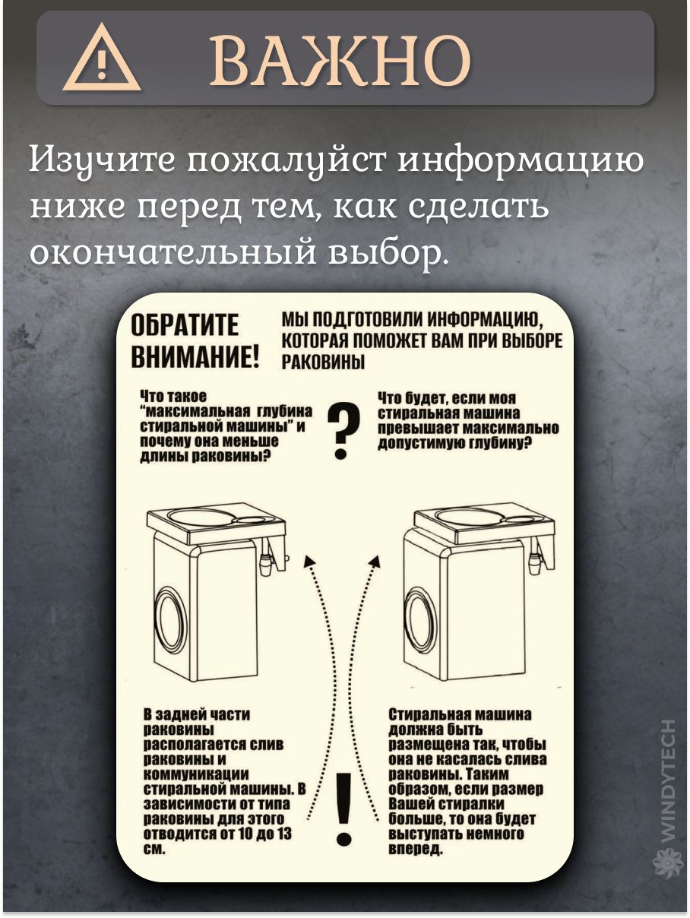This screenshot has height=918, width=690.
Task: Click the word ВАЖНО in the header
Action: [340, 59]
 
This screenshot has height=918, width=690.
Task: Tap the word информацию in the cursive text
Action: [521, 160]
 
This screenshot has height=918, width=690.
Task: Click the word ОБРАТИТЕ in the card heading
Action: [185, 324]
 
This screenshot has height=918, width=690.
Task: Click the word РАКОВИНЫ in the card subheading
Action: [323, 362]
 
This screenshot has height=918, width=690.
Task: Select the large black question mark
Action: [343, 432]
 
